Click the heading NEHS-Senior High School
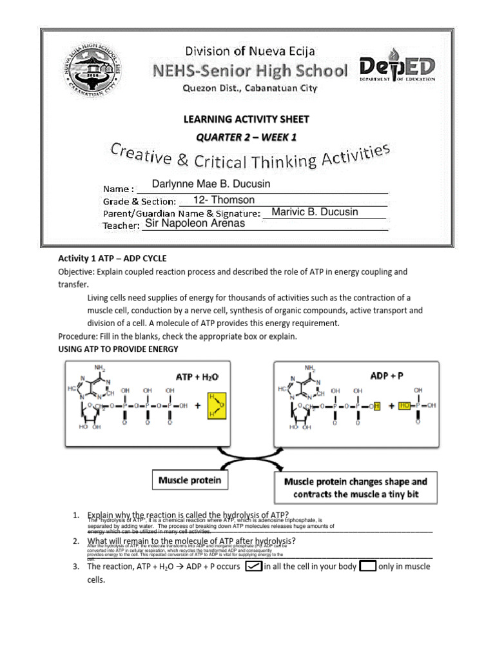[x=248, y=70]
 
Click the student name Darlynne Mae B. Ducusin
[x=211, y=184]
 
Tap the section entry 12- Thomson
[x=224, y=200]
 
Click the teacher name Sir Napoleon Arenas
[x=195, y=224]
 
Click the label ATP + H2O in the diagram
[x=197, y=376]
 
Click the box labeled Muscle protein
[x=190, y=480]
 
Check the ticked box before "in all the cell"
[x=254, y=567]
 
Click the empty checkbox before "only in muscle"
[x=368, y=567]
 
